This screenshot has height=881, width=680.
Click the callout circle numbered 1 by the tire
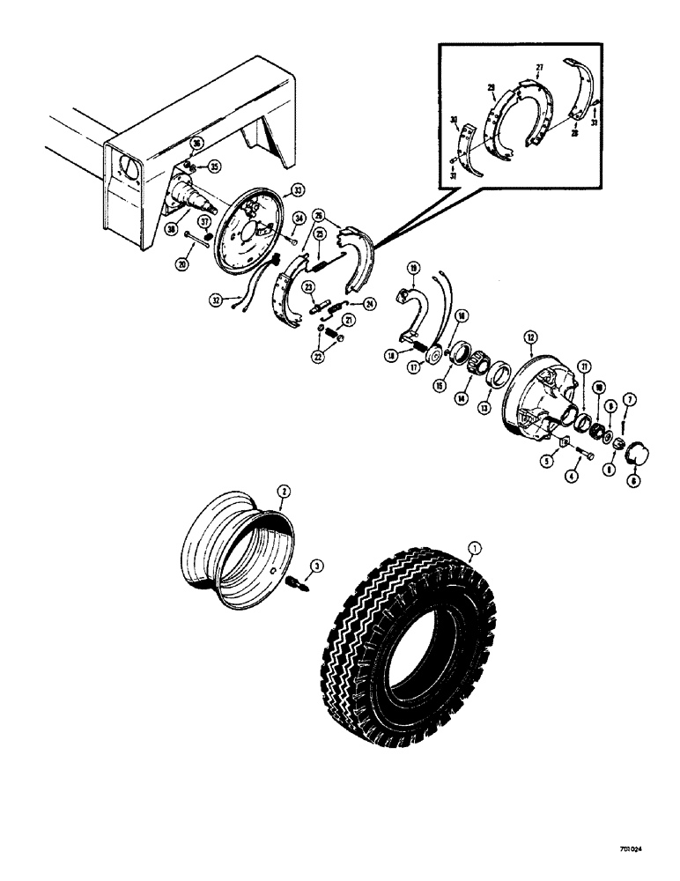pyautogui.click(x=477, y=552)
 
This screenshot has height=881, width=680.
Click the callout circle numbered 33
pyautogui.click(x=299, y=189)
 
